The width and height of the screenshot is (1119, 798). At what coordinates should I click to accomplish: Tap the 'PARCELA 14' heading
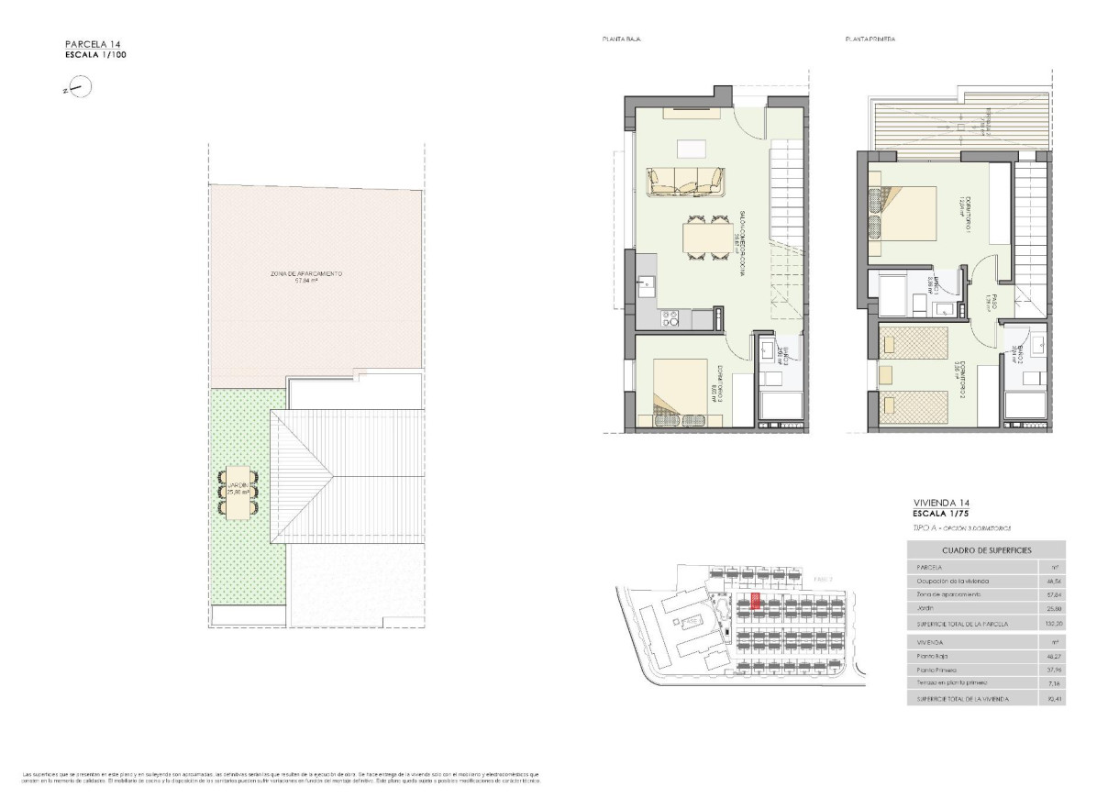click(94, 44)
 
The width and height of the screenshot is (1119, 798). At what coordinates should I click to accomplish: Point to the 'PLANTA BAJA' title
click(621, 39)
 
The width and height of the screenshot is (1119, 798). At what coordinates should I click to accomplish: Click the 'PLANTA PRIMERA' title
click(870, 39)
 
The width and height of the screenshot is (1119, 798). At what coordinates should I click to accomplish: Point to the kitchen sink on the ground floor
click(646, 284)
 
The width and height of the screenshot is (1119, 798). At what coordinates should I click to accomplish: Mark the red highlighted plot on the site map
click(755, 600)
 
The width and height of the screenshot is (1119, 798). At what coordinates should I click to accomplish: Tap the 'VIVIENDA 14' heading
click(942, 504)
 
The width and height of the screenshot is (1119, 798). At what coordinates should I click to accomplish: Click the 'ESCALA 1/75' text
click(942, 514)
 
